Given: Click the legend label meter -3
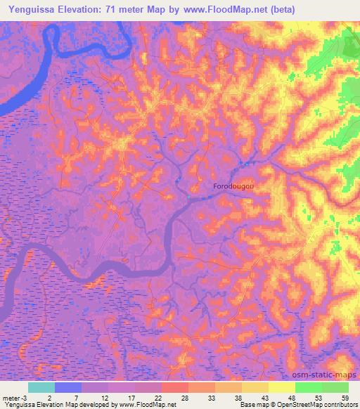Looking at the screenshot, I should (x=15, y=398).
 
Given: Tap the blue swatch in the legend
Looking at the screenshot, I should (x=68, y=387).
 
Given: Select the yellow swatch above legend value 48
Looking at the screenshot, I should (x=282, y=387).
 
